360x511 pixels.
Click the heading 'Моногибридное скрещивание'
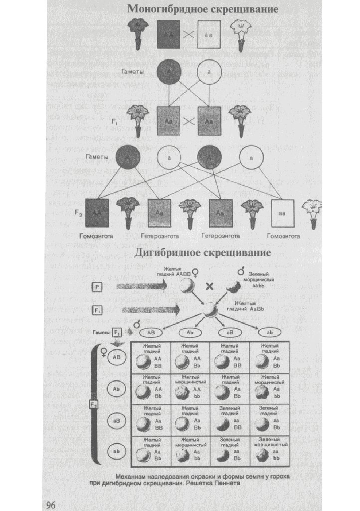click(x=202, y=9)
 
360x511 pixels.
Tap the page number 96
click(x=52, y=504)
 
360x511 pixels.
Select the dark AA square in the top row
click(x=168, y=35)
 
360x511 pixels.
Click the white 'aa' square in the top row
click(x=209, y=35)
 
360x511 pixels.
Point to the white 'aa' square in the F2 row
click(x=283, y=213)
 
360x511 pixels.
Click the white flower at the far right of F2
click(x=313, y=213)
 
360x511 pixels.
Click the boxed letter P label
click(x=97, y=287)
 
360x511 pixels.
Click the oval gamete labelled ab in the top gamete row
click(x=268, y=332)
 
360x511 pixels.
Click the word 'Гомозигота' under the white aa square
click(x=283, y=235)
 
